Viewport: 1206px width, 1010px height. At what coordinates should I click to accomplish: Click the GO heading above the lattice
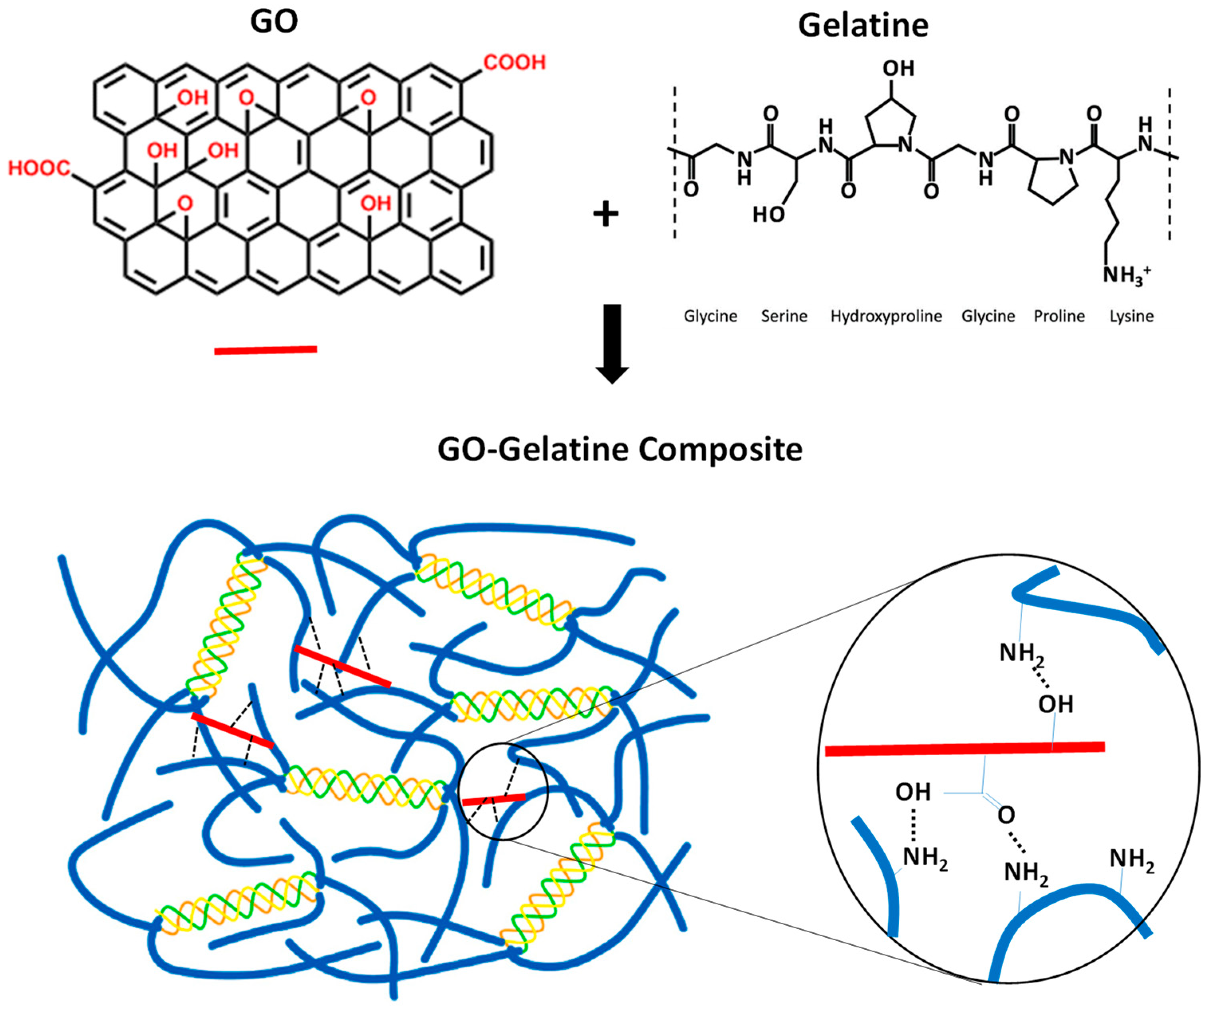click(x=274, y=22)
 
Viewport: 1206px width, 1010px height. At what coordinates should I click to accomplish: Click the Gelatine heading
click(x=863, y=26)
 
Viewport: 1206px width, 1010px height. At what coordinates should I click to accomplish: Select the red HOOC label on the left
click(x=39, y=168)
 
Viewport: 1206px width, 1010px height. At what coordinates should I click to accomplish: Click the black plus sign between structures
click(x=605, y=214)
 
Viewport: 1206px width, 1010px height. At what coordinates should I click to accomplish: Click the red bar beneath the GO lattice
click(x=265, y=350)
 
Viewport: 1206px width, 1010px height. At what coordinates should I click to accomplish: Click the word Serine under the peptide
click(x=784, y=316)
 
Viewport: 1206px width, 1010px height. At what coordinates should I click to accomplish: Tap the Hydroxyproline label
click(x=886, y=316)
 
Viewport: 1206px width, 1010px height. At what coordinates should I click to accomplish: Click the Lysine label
click(x=1131, y=316)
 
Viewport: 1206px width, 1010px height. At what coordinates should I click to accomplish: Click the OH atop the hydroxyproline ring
click(x=898, y=68)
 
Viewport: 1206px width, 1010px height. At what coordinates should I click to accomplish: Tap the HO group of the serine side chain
click(x=769, y=214)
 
